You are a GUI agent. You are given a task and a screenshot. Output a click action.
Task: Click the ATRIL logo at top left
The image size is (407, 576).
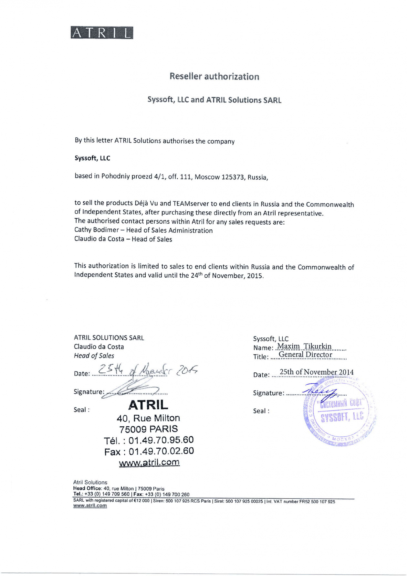coord(102,33)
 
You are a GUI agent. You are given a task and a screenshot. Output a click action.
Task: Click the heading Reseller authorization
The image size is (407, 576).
coord(214,77)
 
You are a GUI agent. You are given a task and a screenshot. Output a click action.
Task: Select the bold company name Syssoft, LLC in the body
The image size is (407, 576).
coord(92,158)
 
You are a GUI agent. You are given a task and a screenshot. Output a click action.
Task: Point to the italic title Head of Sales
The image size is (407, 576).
coord(94,356)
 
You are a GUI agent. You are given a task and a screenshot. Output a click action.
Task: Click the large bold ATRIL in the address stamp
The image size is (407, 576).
coord(148,405)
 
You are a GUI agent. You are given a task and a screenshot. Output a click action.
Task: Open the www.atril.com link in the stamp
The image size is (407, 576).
coord(149,463)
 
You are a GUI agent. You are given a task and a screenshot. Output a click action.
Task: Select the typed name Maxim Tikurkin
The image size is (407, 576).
coord(304,346)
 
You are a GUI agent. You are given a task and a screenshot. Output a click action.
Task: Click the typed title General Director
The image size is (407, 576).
coord(305,355)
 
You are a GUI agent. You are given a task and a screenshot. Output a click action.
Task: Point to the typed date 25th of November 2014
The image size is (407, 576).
coord(317,372)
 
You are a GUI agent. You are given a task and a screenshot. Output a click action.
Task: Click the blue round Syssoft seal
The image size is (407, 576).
coord(340,412)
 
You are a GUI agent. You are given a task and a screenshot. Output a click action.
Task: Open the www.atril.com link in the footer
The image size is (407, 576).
coord(90,506)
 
